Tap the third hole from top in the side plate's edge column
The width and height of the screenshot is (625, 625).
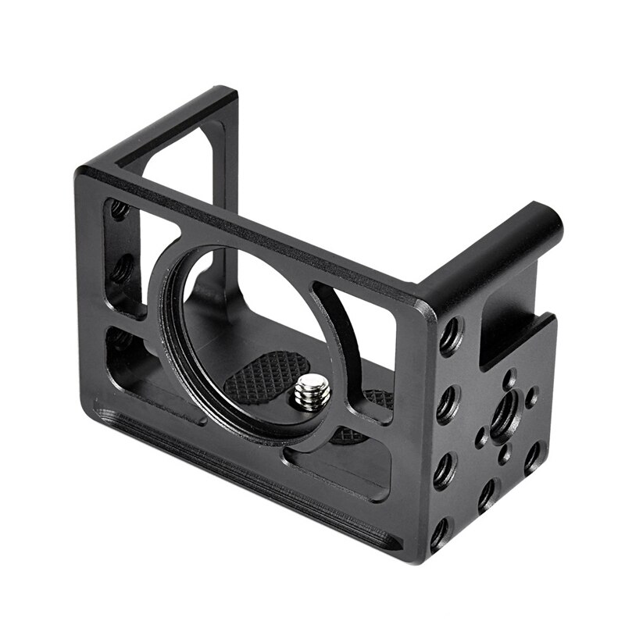tap(445, 470)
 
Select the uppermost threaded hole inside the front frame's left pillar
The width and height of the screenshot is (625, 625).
tap(119, 209)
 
